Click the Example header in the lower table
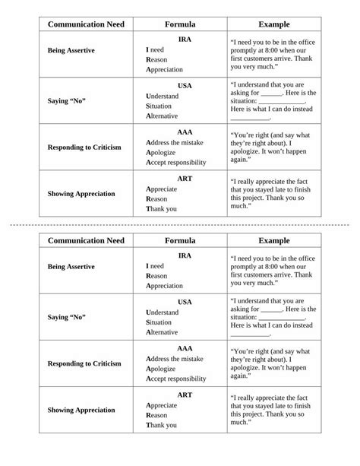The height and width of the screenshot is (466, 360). click(x=274, y=241)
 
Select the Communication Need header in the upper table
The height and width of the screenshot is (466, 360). click(x=86, y=24)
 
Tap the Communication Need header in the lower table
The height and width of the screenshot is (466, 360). click(x=86, y=241)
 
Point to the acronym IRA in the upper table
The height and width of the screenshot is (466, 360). click(x=185, y=40)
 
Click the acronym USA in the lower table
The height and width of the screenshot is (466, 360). click(x=185, y=302)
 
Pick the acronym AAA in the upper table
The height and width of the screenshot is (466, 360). click(x=185, y=132)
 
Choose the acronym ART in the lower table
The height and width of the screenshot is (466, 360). click(x=185, y=395)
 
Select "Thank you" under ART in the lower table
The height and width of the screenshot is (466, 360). click(x=161, y=426)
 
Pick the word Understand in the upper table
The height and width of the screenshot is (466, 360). click(x=163, y=97)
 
